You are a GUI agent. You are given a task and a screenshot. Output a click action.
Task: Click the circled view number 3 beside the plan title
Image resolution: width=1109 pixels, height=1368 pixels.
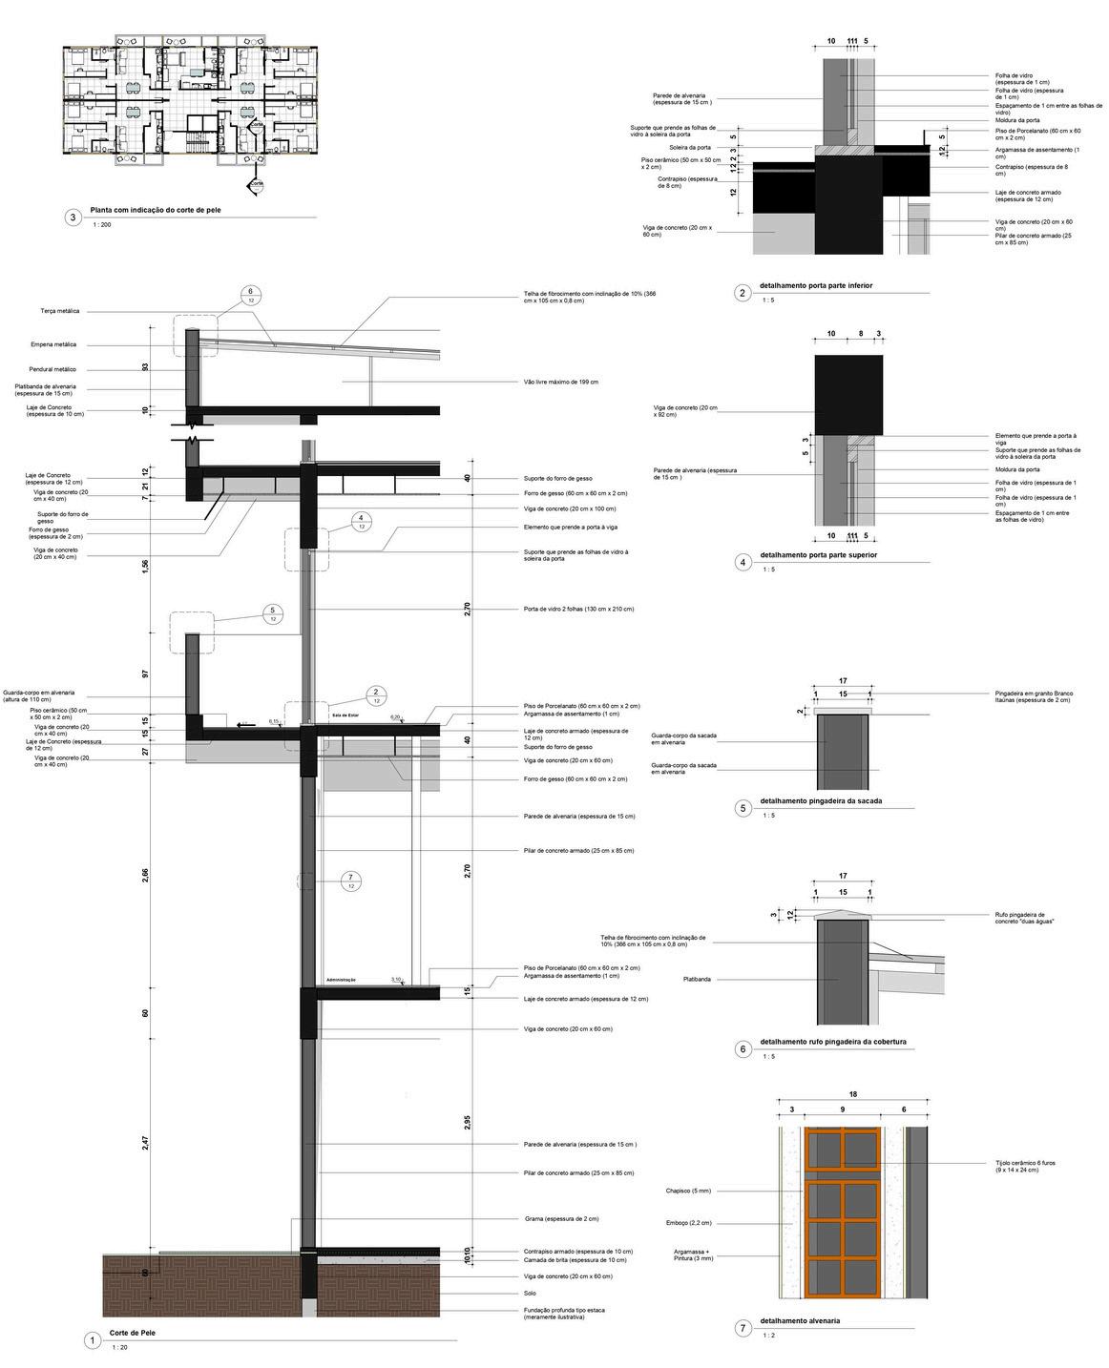(73, 218)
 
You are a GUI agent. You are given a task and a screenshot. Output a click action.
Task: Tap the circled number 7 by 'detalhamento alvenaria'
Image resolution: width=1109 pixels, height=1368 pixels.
(743, 1328)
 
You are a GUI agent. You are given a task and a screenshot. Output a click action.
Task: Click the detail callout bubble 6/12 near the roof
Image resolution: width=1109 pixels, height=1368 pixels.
(250, 296)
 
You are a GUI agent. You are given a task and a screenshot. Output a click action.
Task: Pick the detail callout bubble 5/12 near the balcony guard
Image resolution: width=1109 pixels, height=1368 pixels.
(273, 614)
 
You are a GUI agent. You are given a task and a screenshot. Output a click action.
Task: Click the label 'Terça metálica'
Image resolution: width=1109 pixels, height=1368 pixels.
(60, 311)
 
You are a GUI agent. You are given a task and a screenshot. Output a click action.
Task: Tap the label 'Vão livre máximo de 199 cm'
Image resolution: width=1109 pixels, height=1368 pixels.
(561, 382)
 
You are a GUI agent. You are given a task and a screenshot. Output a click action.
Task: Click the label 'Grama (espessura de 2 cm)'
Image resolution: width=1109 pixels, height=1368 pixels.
(561, 1218)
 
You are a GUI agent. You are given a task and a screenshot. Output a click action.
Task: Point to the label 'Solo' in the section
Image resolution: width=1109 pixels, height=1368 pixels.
(530, 1294)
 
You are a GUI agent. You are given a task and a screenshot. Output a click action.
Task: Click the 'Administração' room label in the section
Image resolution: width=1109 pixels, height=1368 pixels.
(341, 980)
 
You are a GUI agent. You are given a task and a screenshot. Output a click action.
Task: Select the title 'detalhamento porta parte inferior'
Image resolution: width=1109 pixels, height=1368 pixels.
(816, 286)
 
